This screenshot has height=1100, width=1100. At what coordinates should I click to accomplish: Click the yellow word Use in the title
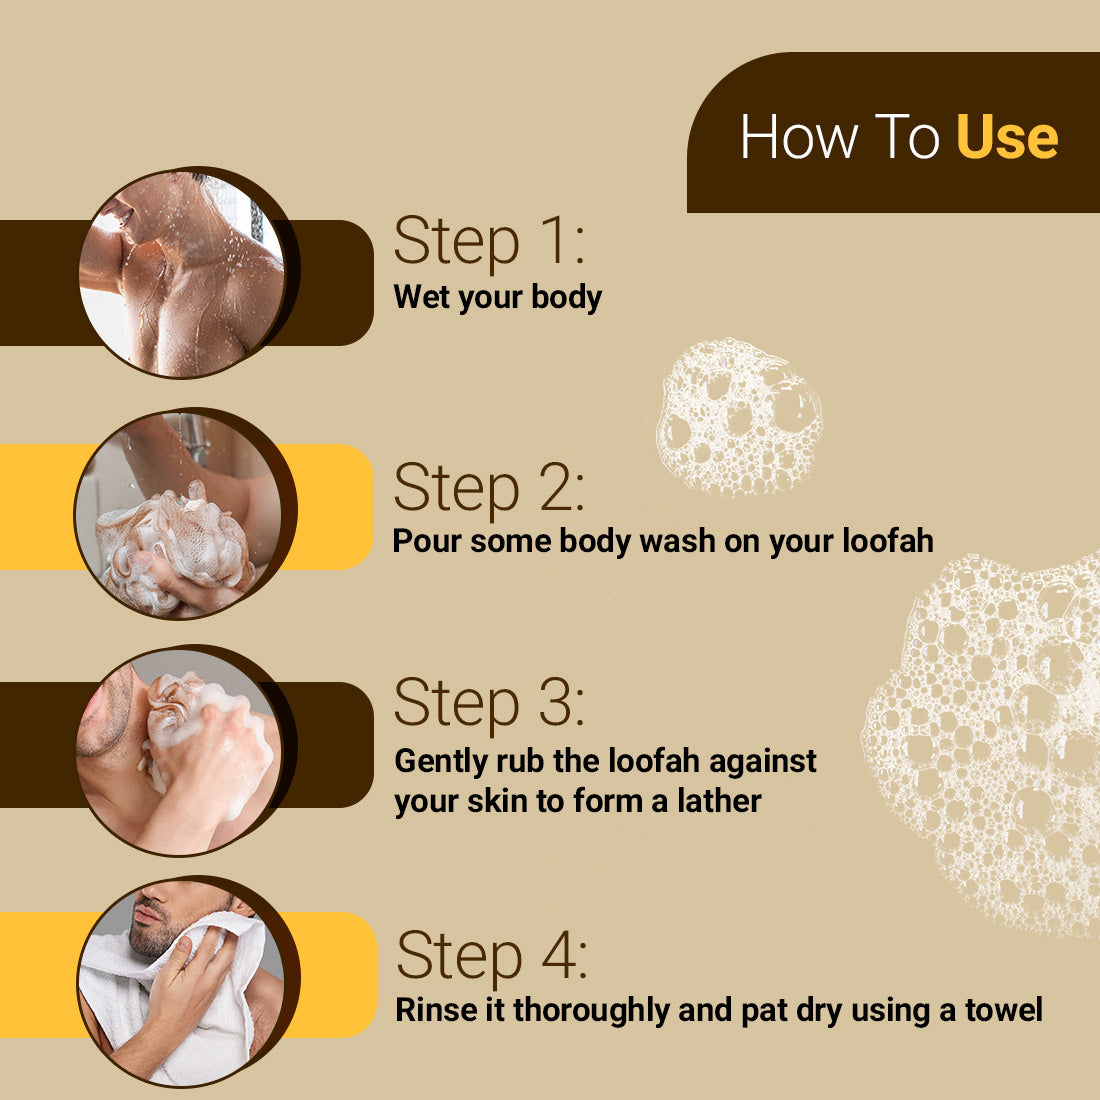[x=1006, y=137]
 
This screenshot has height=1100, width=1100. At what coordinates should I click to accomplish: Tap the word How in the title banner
[x=799, y=137]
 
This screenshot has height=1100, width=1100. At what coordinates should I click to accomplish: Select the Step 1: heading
[x=488, y=242]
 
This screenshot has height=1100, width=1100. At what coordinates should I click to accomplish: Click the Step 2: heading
[x=488, y=488]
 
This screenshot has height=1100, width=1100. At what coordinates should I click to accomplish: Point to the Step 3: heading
[x=488, y=703]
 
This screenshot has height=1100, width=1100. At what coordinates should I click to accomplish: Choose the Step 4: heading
[x=491, y=956]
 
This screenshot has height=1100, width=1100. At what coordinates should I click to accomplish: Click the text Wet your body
[x=497, y=297]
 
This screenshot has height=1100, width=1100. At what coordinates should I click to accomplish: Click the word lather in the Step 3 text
[x=719, y=801]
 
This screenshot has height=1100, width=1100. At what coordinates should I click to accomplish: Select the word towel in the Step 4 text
[x=1003, y=1010]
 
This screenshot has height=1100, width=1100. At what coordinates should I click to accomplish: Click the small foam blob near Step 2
[x=738, y=418]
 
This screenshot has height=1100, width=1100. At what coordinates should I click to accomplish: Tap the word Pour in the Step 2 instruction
[x=428, y=541]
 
